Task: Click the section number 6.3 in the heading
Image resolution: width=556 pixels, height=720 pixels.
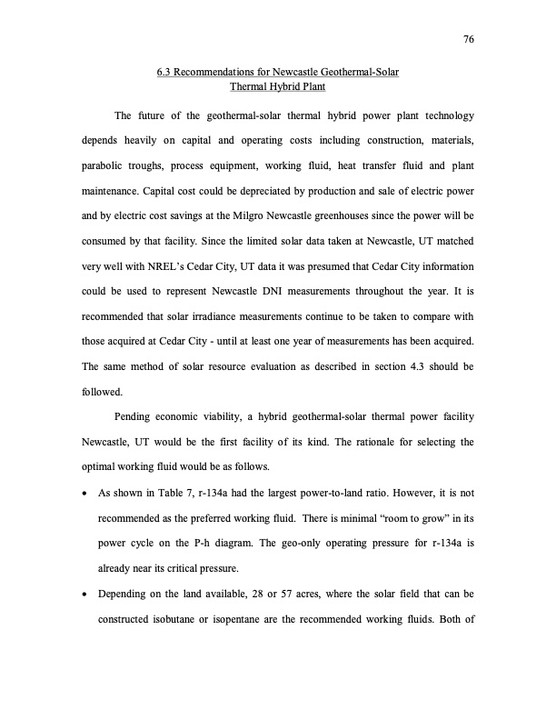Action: [164, 72]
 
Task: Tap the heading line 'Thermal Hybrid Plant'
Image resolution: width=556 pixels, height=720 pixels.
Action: [278, 88]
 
